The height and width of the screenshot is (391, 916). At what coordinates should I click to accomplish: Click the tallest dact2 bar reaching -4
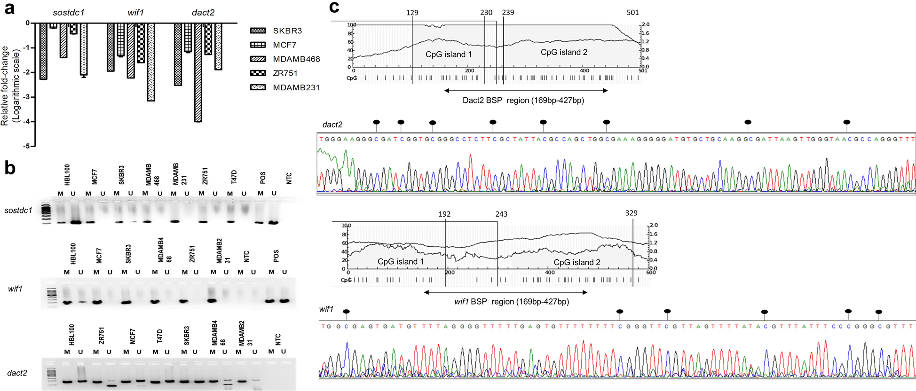tap(198, 73)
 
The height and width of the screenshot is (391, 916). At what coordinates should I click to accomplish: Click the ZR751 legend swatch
tap(258, 73)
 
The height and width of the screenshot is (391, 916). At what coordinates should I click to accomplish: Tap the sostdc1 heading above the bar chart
tap(68, 13)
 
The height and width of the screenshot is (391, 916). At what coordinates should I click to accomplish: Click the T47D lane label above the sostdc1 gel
tap(234, 177)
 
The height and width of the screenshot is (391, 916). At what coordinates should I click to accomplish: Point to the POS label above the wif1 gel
tap(276, 256)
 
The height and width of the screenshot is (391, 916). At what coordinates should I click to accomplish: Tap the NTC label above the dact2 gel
tap(277, 339)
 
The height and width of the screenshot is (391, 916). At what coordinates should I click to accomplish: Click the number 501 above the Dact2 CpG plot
tap(632, 13)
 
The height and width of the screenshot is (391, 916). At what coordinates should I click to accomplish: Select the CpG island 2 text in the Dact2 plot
tap(564, 52)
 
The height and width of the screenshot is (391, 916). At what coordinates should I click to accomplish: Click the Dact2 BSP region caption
tap(523, 100)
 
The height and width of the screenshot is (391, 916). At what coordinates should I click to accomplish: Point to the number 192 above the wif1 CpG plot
tap(444, 214)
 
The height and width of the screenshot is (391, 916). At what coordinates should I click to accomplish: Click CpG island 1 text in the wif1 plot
tap(400, 261)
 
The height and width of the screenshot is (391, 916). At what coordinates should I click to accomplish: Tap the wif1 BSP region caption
tap(511, 302)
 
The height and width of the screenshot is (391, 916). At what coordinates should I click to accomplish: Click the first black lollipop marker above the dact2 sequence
tap(376, 122)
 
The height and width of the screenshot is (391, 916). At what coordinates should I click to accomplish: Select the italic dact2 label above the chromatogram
tap(332, 125)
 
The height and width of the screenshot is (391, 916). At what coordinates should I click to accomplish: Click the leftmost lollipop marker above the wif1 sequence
tap(347, 312)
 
